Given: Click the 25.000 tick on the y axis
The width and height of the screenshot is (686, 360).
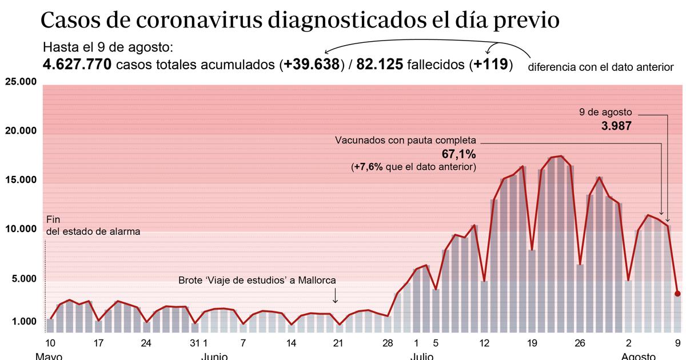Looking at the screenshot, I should [21, 82].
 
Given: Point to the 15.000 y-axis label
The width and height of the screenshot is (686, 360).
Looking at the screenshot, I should [21, 180].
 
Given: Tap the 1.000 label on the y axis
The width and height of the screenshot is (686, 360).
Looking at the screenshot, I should [23, 322].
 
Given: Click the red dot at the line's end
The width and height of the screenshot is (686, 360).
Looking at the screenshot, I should [677, 294].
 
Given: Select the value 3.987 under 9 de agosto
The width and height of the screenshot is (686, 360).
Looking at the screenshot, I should [616, 126].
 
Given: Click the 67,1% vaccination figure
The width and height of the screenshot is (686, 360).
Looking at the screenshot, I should [458, 154].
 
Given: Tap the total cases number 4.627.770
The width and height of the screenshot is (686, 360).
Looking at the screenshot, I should [77, 65].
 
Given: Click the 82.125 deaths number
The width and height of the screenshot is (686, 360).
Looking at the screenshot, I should [379, 65].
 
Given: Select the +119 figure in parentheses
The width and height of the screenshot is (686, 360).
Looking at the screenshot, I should [490, 65].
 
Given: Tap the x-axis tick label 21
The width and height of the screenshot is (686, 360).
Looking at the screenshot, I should [338, 343].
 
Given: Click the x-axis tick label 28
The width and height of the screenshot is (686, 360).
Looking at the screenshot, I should [388, 343].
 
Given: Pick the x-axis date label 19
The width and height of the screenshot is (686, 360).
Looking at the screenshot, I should [532, 343].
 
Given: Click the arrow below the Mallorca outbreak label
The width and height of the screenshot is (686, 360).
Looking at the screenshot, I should [335, 296].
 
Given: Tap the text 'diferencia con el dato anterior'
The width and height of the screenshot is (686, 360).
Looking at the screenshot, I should [601, 67].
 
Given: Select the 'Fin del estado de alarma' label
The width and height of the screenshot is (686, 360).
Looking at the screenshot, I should [91, 226].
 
